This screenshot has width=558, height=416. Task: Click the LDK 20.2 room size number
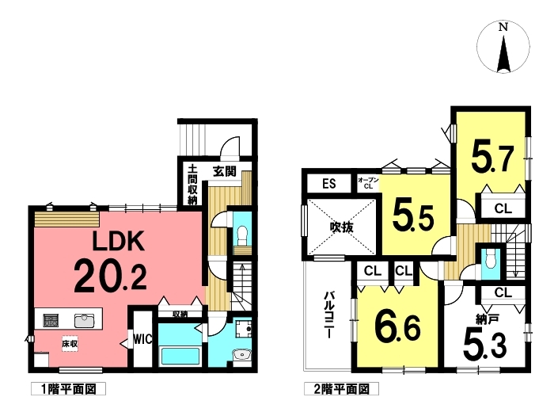(x=111, y=276)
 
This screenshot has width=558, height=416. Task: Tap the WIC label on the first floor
(x=142, y=339)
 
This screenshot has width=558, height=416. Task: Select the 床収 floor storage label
(x=70, y=344)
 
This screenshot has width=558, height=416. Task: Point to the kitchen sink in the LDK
(x=85, y=321)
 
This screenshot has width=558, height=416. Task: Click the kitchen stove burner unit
(x=51, y=321)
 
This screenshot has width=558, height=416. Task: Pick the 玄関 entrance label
(x=225, y=171)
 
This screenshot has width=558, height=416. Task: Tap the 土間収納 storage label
(x=192, y=184)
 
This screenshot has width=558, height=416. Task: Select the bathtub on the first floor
(x=180, y=356)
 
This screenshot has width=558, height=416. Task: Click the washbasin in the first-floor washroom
(x=242, y=355)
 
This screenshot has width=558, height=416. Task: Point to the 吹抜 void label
(x=341, y=227)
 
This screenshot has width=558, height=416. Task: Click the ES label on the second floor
(x=328, y=184)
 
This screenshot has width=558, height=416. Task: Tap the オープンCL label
(x=368, y=183)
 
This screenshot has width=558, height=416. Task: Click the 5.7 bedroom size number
(x=492, y=158)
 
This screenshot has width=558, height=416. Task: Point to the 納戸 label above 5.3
(x=486, y=319)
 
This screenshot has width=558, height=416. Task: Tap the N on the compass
(x=503, y=28)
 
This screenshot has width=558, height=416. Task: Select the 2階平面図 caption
(x=341, y=389)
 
